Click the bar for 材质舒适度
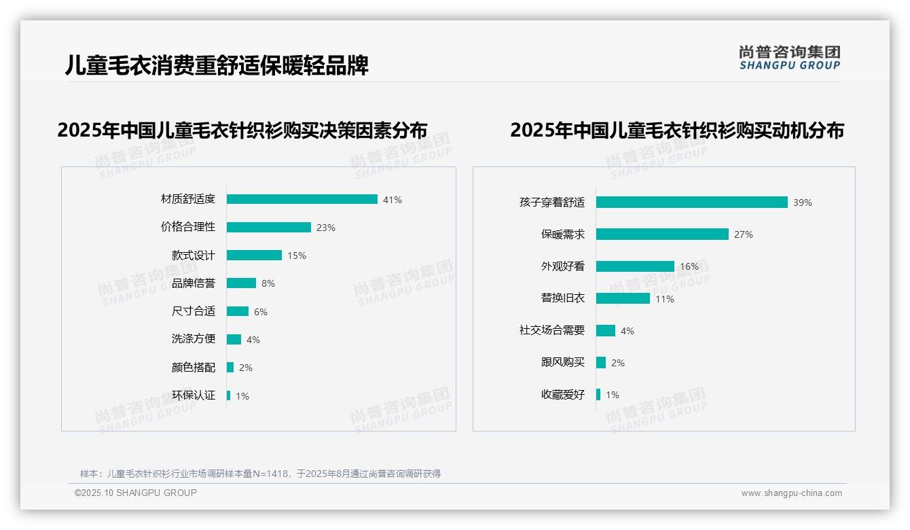tap(302, 199)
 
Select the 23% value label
tap(326, 228)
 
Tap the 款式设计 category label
tap(193, 255)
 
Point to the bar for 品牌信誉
tap(241, 283)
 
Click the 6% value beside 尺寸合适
tap(261, 312)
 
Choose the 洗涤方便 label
tap(193, 339)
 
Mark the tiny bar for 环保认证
tap(229, 395)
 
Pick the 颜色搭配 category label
tap(193, 368)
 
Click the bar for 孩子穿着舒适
tap(691, 202)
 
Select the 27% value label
tap(744, 234)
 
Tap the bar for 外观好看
tap(635, 266)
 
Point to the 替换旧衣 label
tap(562, 298)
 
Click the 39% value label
tap(803, 202)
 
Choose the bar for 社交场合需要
tap(606, 331)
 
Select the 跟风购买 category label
tap(562, 362)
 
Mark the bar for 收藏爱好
tap(598, 395)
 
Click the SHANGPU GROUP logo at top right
tap(789, 58)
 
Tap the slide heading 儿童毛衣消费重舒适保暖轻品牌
tap(217, 65)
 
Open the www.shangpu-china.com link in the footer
tap(791, 493)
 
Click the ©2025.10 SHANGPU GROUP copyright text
tap(136, 493)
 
